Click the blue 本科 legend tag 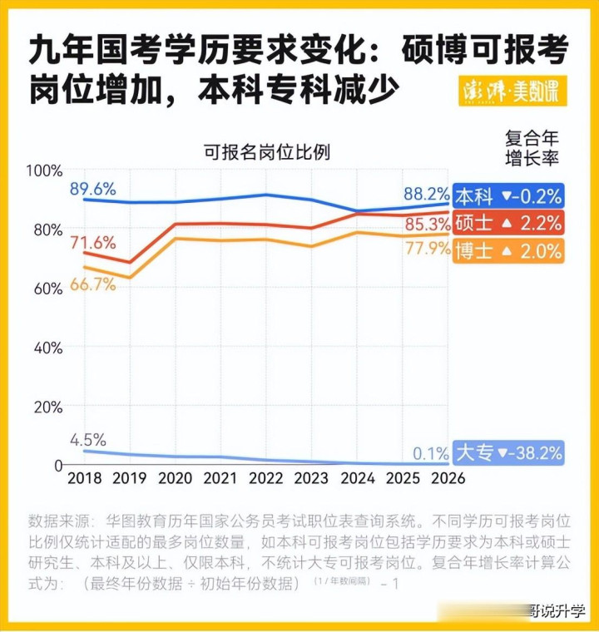pyautogui.click(x=507, y=196)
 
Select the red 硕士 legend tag pyautogui.click(x=507, y=223)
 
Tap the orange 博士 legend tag pyautogui.click(x=507, y=250)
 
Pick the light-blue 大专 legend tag pyautogui.click(x=507, y=452)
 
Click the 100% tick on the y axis pyautogui.click(x=45, y=171)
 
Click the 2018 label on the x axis pyautogui.click(x=83, y=479)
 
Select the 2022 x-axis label pyautogui.click(x=267, y=479)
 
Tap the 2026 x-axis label pyautogui.click(x=448, y=479)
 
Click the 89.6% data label pyautogui.click(x=92, y=189)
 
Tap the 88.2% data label pyautogui.click(x=427, y=194)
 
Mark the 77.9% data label pyautogui.click(x=427, y=248)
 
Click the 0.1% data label pyautogui.click(x=430, y=453)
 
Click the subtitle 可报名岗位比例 pyautogui.click(x=267, y=152)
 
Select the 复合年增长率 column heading pyautogui.click(x=532, y=146)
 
